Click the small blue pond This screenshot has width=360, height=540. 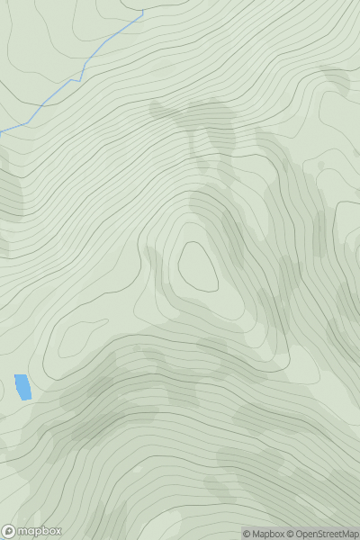click(x=22, y=387)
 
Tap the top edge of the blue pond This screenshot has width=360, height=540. click(x=21, y=375)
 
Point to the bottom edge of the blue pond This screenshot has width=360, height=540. click(x=25, y=400)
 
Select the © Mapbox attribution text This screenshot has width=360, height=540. click(x=268, y=534)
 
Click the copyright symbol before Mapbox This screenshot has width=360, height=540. click(x=247, y=534)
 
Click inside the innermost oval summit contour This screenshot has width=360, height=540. click(x=198, y=267)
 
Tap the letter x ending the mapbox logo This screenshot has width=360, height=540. click(x=58, y=531)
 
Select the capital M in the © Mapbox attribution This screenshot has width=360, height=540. click(x=256, y=534)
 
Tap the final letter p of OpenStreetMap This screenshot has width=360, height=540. click(x=355, y=535)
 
